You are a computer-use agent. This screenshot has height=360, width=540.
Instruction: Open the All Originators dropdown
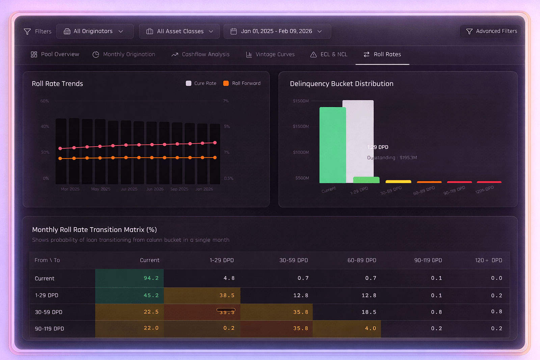pyautogui.click(x=95, y=31)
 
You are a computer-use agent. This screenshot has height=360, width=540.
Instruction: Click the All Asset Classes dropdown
pyautogui.click(x=179, y=31)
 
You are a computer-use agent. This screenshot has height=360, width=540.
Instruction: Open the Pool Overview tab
pyautogui.click(x=55, y=54)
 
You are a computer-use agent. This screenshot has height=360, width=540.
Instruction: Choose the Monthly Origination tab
pyautogui.click(x=124, y=54)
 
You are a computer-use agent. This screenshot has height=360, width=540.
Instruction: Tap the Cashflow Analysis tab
pyautogui.click(x=200, y=54)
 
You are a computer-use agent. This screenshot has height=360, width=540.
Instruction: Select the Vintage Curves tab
pyautogui.click(x=270, y=54)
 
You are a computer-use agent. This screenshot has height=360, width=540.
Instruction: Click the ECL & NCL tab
pyautogui.click(x=329, y=54)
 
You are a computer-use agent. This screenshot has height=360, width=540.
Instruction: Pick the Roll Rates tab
pyautogui.click(x=382, y=54)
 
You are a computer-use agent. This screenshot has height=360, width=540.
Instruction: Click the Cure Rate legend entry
pyautogui.click(x=201, y=83)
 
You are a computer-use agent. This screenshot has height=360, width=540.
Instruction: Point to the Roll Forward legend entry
pyautogui.click(x=242, y=83)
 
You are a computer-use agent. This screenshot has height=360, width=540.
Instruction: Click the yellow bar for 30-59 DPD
pyautogui.click(x=398, y=182)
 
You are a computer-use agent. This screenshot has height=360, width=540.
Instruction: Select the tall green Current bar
pyautogui.click(x=332, y=145)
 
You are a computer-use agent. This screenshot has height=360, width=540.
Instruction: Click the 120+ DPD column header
pyautogui.click(x=488, y=260)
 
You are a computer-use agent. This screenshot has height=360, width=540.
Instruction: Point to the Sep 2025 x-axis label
pyautogui.click(x=179, y=189)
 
